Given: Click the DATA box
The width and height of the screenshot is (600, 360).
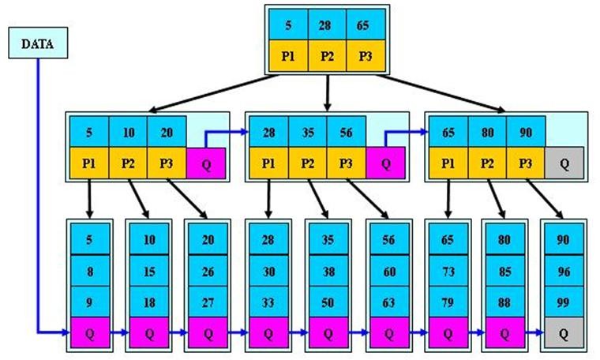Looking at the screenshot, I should pyautogui.click(x=37, y=45).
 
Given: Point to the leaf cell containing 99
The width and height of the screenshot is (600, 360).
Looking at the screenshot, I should pyautogui.click(x=564, y=300).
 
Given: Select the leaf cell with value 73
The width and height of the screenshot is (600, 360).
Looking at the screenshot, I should pyautogui.click(x=448, y=270).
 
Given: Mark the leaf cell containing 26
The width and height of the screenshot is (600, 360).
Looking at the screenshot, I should pyautogui.click(x=208, y=270).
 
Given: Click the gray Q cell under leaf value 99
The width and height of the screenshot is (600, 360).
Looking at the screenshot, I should pyautogui.click(x=564, y=333).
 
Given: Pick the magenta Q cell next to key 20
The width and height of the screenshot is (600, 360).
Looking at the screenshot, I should pyautogui.click(x=205, y=164).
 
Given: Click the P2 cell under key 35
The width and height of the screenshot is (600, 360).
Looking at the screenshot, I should pyautogui.click(x=308, y=164).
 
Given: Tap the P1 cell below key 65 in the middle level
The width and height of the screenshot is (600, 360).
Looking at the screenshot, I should pyautogui.click(x=448, y=164).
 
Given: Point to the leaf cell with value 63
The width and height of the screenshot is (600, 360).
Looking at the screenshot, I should pyautogui.click(x=387, y=300).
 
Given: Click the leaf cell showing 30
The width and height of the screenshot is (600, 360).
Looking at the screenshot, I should pyautogui.click(x=268, y=270).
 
